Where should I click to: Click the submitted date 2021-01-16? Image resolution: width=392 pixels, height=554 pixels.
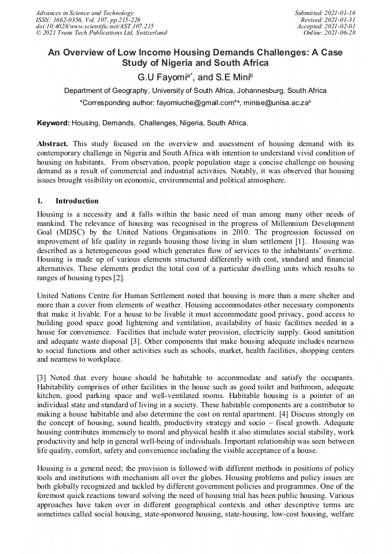point(341,13)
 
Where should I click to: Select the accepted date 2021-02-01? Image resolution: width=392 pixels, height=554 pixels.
point(342,27)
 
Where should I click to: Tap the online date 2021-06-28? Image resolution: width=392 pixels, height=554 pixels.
point(342,33)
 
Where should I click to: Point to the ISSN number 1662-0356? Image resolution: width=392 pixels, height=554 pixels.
point(66,20)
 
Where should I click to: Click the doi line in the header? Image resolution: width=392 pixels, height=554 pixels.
point(94,27)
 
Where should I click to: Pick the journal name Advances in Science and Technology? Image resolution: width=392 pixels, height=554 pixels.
point(84,13)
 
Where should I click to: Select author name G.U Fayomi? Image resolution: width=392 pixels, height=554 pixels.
point(159,77)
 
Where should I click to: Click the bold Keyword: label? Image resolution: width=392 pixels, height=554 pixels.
point(53,123)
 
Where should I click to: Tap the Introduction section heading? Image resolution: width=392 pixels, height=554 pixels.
point(77,201)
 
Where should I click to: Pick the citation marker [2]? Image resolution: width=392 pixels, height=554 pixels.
point(119,278)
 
